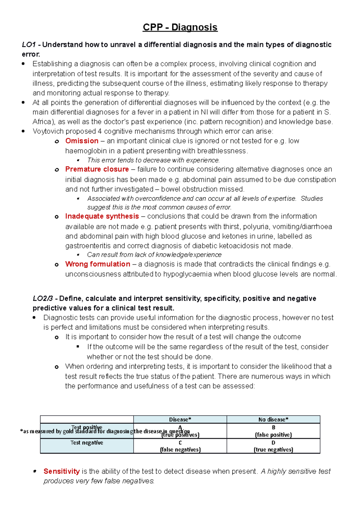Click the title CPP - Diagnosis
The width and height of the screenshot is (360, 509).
pyautogui.click(x=180, y=27)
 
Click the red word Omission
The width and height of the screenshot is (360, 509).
pyautogui.click(x=82, y=141)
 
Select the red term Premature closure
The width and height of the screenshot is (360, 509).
pyautogui.click(x=97, y=169)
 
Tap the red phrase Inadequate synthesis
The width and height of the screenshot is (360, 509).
pyautogui.click(x=102, y=216)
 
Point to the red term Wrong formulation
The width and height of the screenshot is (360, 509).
pyautogui.click(x=97, y=264)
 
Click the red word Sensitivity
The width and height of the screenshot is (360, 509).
pyautogui.click(x=61, y=471)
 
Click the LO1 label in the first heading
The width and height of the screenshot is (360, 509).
pyautogui.click(x=29, y=45)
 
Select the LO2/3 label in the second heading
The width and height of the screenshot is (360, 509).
pyautogui.click(x=43, y=299)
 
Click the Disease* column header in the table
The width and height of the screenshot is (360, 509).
pyautogui.click(x=180, y=419)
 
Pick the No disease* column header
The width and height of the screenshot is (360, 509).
pyautogui.click(x=273, y=419)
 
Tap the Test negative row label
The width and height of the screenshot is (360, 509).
pyautogui.click(x=87, y=443)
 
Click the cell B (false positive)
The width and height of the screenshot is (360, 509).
pyautogui.click(x=273, y=431)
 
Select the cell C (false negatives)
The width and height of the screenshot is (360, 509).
pyautogui.click(x=180, y=446)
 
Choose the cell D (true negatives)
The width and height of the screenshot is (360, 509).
pyautogui.click(x=273, y=446)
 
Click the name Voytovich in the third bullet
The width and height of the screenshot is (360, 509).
pyautogui.click(x=48, y=131)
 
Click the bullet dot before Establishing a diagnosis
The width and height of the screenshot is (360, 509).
pyautogui.click(x=23, y=64)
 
